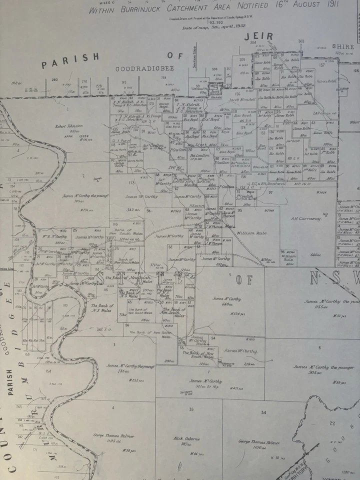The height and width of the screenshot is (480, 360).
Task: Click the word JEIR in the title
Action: [258, 36]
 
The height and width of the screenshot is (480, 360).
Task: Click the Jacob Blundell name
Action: [242, 99]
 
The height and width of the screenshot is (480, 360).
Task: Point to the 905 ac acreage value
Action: [314, 372]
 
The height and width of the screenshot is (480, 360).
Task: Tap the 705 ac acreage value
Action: [79, 201]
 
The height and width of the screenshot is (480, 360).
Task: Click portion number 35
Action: [191, 409]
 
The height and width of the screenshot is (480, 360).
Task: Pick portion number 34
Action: [263, 412]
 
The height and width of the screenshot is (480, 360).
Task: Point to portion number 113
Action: [131, 183]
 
